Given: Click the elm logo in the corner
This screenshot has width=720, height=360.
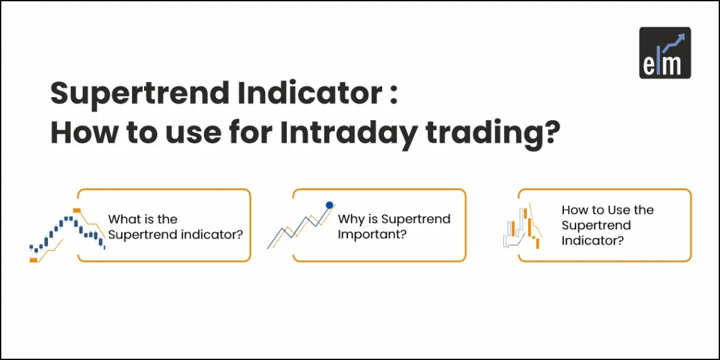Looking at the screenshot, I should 664,52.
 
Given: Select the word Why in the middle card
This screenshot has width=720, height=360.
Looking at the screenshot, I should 350,219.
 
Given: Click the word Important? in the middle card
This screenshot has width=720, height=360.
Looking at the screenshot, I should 371,235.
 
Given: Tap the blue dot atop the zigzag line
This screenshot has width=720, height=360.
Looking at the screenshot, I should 329,205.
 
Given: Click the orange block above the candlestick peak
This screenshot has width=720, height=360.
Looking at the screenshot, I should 76,210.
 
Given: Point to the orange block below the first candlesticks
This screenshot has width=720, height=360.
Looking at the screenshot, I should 33,260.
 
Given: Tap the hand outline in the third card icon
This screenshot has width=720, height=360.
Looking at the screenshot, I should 512,239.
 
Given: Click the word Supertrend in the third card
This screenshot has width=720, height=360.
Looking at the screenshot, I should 596,225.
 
